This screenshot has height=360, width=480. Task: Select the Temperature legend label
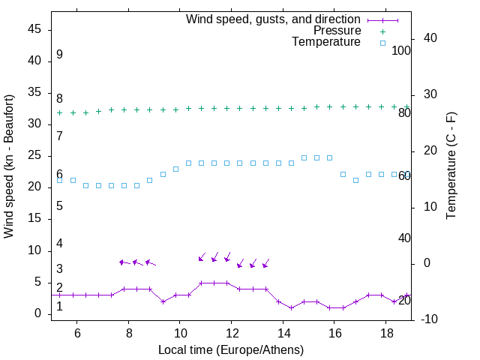tap(326, 42)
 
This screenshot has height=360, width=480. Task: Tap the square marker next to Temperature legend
tap(382, 43)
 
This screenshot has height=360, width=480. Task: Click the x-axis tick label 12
tap(232, 333)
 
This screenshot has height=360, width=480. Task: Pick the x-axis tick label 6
tap(77, 333)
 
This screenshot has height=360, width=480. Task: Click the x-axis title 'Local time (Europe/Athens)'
tap(230, 349)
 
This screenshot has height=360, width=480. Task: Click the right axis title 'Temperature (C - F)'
tap(451, 166)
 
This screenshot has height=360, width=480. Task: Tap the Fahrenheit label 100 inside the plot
tap(401, 50)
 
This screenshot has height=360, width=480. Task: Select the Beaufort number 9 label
tap(59, 55)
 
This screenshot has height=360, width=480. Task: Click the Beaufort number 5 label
tap(59, 205)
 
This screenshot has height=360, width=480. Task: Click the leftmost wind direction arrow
tap(124, 262)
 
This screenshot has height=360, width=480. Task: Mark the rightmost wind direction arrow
tap(265, 263)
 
